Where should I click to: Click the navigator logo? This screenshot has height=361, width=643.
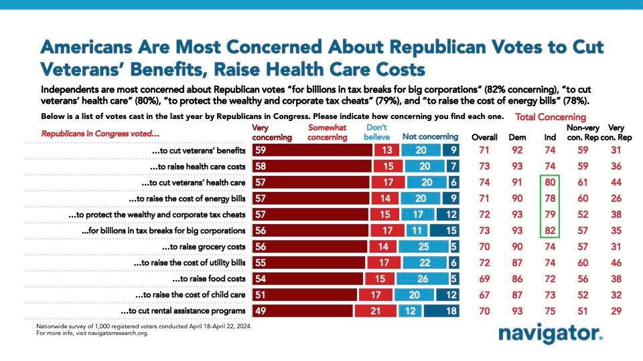point(551,335)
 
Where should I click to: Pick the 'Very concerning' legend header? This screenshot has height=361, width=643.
point(271,132)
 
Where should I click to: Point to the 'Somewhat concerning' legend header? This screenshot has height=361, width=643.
point(328,132)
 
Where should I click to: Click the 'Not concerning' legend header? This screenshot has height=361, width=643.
point(430,137)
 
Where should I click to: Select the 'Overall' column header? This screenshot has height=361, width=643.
point(484,137)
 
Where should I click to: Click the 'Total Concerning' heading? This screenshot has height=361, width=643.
point(551,117)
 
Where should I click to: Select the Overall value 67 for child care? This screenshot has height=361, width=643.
point(484,294)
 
